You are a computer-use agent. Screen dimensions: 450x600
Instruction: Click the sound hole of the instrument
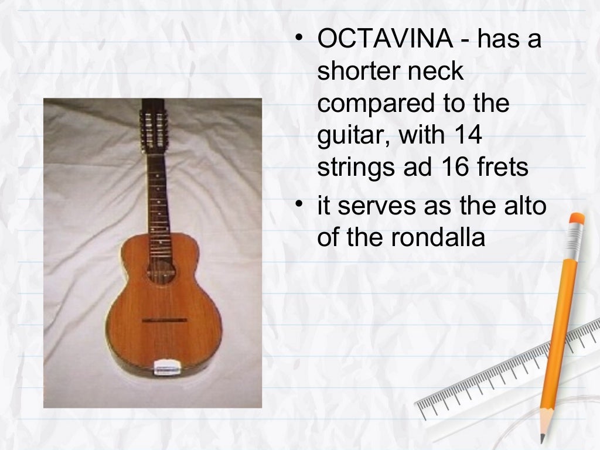pyautogui.click(x=162, y=270)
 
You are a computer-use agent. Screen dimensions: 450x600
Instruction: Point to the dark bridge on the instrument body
pyautogui.click(x=165, y=321)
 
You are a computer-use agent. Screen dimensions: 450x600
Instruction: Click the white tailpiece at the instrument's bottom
pyautogui.click(x=166, y=367)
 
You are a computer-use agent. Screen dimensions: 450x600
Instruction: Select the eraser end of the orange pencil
pyautogui.click(x=577, y=221)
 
